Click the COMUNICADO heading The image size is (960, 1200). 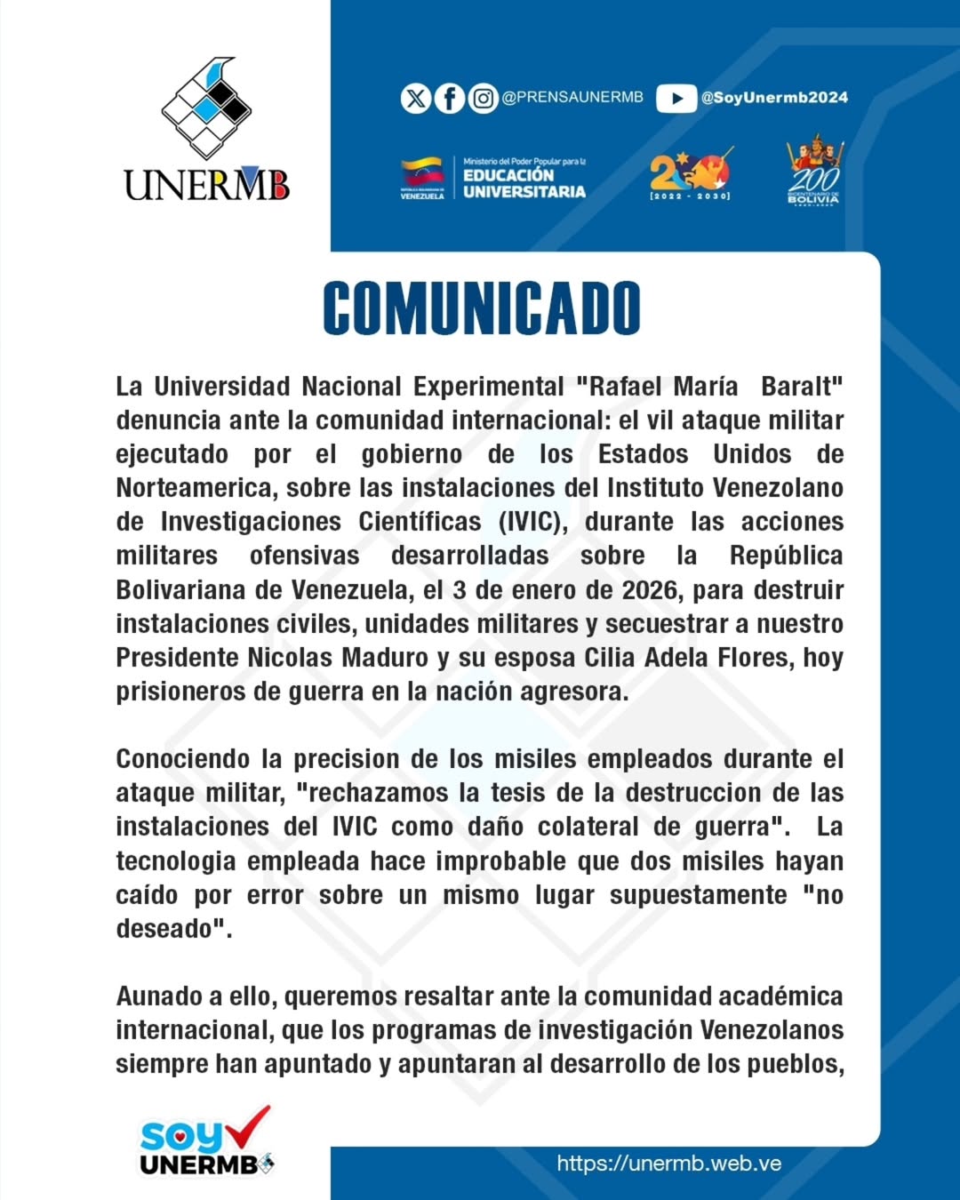(481, 308)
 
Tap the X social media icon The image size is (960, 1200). (415, 98)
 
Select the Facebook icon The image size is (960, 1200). (449, 98)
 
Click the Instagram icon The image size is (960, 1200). (483, 98)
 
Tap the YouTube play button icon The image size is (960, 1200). (676, 98)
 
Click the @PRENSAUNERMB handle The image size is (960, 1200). (572, 98)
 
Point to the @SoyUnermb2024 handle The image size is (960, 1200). (774, 98)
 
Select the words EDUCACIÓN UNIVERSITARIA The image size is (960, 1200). (524, 183)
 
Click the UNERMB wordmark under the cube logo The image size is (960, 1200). (206, 184)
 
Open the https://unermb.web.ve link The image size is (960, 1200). (668, 1164)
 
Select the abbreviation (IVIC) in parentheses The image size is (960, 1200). (532, 522)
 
